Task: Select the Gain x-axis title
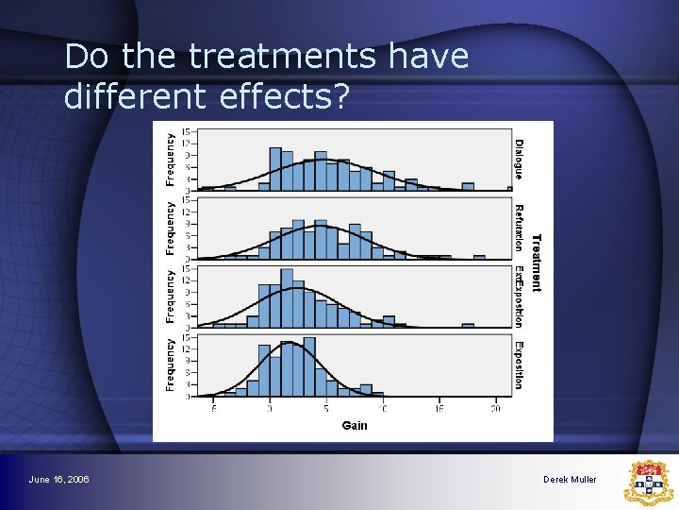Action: [355, 425]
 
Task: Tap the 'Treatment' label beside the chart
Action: [537, 263]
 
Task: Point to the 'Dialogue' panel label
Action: [519, 159]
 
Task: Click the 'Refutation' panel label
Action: [519, 228]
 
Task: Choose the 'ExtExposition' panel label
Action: [519, 297]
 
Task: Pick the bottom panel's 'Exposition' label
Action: [519, 365]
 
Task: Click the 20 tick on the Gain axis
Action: [496, 408]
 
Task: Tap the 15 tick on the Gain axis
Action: [439, 408]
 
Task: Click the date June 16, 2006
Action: [59, 480]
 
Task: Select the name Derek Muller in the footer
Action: [570, 480]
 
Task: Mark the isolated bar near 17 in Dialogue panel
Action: [510, 189]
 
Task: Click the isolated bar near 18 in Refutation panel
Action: [479, 256]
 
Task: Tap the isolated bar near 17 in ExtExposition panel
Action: [468, 325]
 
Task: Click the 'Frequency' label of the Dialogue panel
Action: [171, 159]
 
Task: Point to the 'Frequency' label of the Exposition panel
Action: [171, 365]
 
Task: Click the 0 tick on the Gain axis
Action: [270, 408]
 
